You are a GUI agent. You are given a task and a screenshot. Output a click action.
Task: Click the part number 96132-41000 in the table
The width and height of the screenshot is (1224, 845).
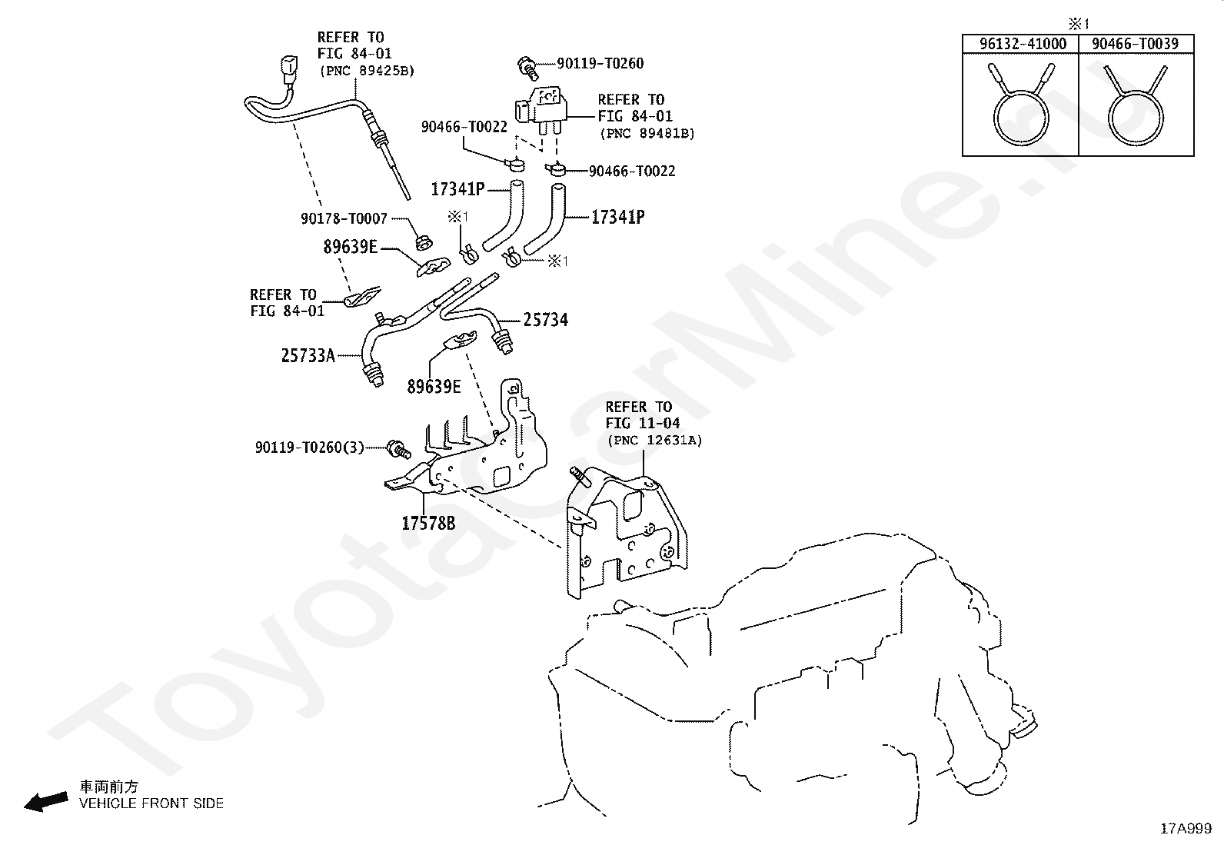pyautogui.click(x=1023, y=44)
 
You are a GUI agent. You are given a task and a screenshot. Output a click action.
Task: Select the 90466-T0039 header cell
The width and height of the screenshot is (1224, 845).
pyautogui.click(x=1136, y=44)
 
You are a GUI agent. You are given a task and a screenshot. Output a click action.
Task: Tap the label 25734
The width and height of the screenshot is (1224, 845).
pyautogui.click(x=545, y=320)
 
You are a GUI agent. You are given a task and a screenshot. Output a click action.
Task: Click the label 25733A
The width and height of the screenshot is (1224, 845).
pyautogui.click(x=308, y=356)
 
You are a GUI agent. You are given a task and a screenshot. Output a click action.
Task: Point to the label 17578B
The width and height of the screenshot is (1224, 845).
pyautogui.click(x=428, y=524)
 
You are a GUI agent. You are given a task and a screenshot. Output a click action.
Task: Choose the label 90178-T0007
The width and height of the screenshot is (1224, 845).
pyautogui.click(x=344, y=218)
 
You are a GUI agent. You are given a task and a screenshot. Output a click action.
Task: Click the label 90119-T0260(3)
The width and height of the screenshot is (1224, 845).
pyautogui.click(x=309, y=447)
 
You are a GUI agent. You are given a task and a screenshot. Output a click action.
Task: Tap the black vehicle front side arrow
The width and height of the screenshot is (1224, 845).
pyautogui.click(x=46, y=802)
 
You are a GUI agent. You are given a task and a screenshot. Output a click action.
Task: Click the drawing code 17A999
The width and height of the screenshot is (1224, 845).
pyautogui.click(x=1186, y=829)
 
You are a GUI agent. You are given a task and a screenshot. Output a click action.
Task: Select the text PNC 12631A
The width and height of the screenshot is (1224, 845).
pyautogui.click(x=654, y=441)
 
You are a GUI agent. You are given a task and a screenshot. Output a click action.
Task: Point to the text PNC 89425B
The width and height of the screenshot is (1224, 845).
pyautogui.click(x=368, y=71)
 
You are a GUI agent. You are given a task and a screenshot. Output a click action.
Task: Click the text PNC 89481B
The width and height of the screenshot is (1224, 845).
pyautogui.click(x=647, y=133)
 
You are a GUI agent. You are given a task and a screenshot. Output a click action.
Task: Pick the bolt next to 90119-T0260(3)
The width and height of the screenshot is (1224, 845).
pyautogui.click(x=398, y=449)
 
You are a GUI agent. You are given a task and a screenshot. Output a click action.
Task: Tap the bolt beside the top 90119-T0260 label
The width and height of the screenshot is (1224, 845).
pyautogui.click(x=527, y=66)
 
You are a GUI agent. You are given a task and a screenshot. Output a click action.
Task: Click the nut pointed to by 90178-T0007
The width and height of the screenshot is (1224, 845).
pyautogui.click(x=424, y=242)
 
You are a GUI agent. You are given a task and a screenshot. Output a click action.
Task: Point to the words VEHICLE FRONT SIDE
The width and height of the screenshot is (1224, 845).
pyautogui.click(x=151, y=803)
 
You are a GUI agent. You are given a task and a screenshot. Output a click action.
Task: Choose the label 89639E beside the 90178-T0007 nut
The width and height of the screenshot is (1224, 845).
pyautogui.click(x=351, y=247)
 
